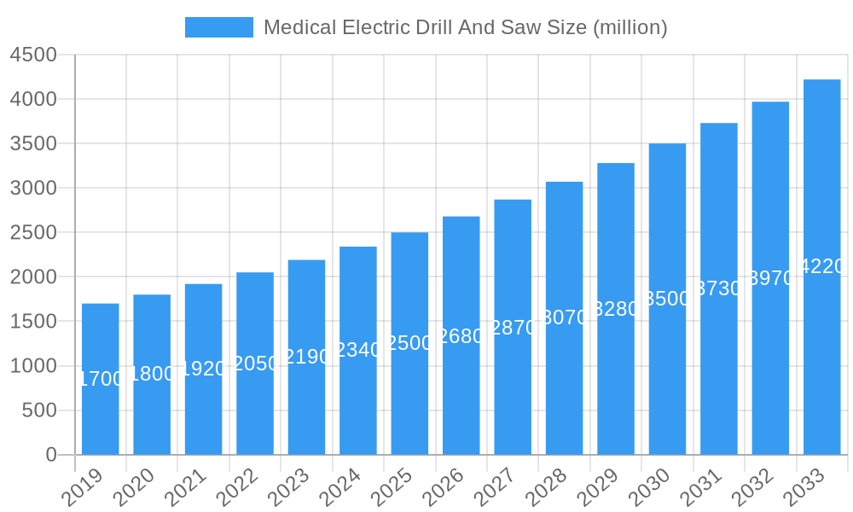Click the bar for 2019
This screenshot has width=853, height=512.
(x=101, y=379)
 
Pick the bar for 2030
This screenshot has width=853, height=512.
(x=667, y=299)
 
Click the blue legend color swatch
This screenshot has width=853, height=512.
(x=219, y=27)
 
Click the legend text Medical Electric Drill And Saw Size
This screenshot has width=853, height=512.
(x=465, y=27)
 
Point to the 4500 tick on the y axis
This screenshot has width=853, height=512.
(x=33, y=55)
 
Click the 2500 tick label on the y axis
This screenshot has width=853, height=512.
(x=33, y=232)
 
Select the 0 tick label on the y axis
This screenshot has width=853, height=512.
(x=51, y=455)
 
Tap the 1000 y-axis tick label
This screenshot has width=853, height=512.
(x=33, y=366)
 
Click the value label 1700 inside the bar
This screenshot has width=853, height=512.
(x=101, y=379)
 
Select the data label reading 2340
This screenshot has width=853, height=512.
(x=358, y=350)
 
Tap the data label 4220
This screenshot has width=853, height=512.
(x=821, y=266)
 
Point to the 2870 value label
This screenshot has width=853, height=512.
(x=513, y=328)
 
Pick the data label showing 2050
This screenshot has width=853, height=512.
(x=255, y=364)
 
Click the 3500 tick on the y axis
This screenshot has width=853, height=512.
(x=33, y=143)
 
